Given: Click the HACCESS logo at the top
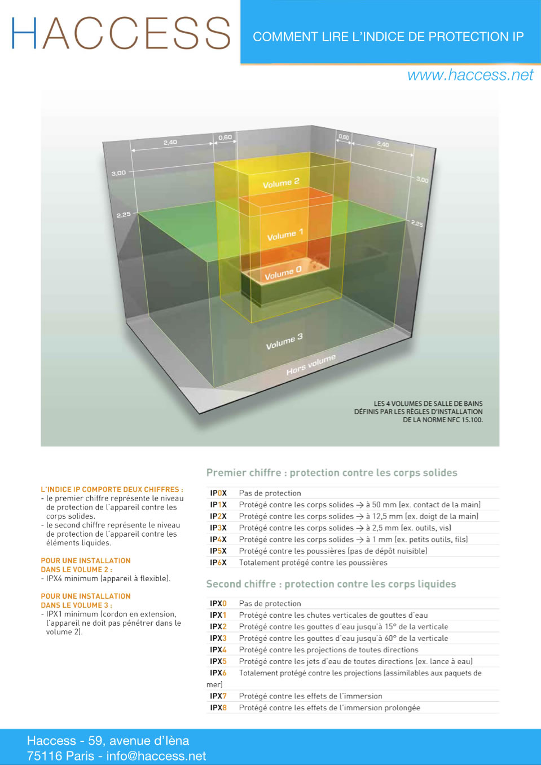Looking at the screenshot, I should (121, 33).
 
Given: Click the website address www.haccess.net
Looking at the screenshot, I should (470, 75).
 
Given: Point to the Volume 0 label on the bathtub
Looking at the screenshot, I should (283, 273).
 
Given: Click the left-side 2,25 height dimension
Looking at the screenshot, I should (124, 215).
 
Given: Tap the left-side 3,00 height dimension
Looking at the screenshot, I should (118, 173).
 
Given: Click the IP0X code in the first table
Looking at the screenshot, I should (218, 493).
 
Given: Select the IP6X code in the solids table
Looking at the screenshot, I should (218, 563).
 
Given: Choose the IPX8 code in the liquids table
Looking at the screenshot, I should (218, 707).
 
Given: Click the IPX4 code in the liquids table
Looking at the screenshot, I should (218, 650).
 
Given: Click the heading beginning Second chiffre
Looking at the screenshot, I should (331, 584).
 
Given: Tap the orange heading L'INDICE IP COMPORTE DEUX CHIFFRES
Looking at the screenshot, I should (112, 489).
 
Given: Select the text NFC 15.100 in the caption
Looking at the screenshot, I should (464, 420).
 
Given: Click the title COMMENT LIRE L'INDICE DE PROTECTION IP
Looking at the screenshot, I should (388, 37).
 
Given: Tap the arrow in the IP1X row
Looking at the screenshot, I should (360, 505).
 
